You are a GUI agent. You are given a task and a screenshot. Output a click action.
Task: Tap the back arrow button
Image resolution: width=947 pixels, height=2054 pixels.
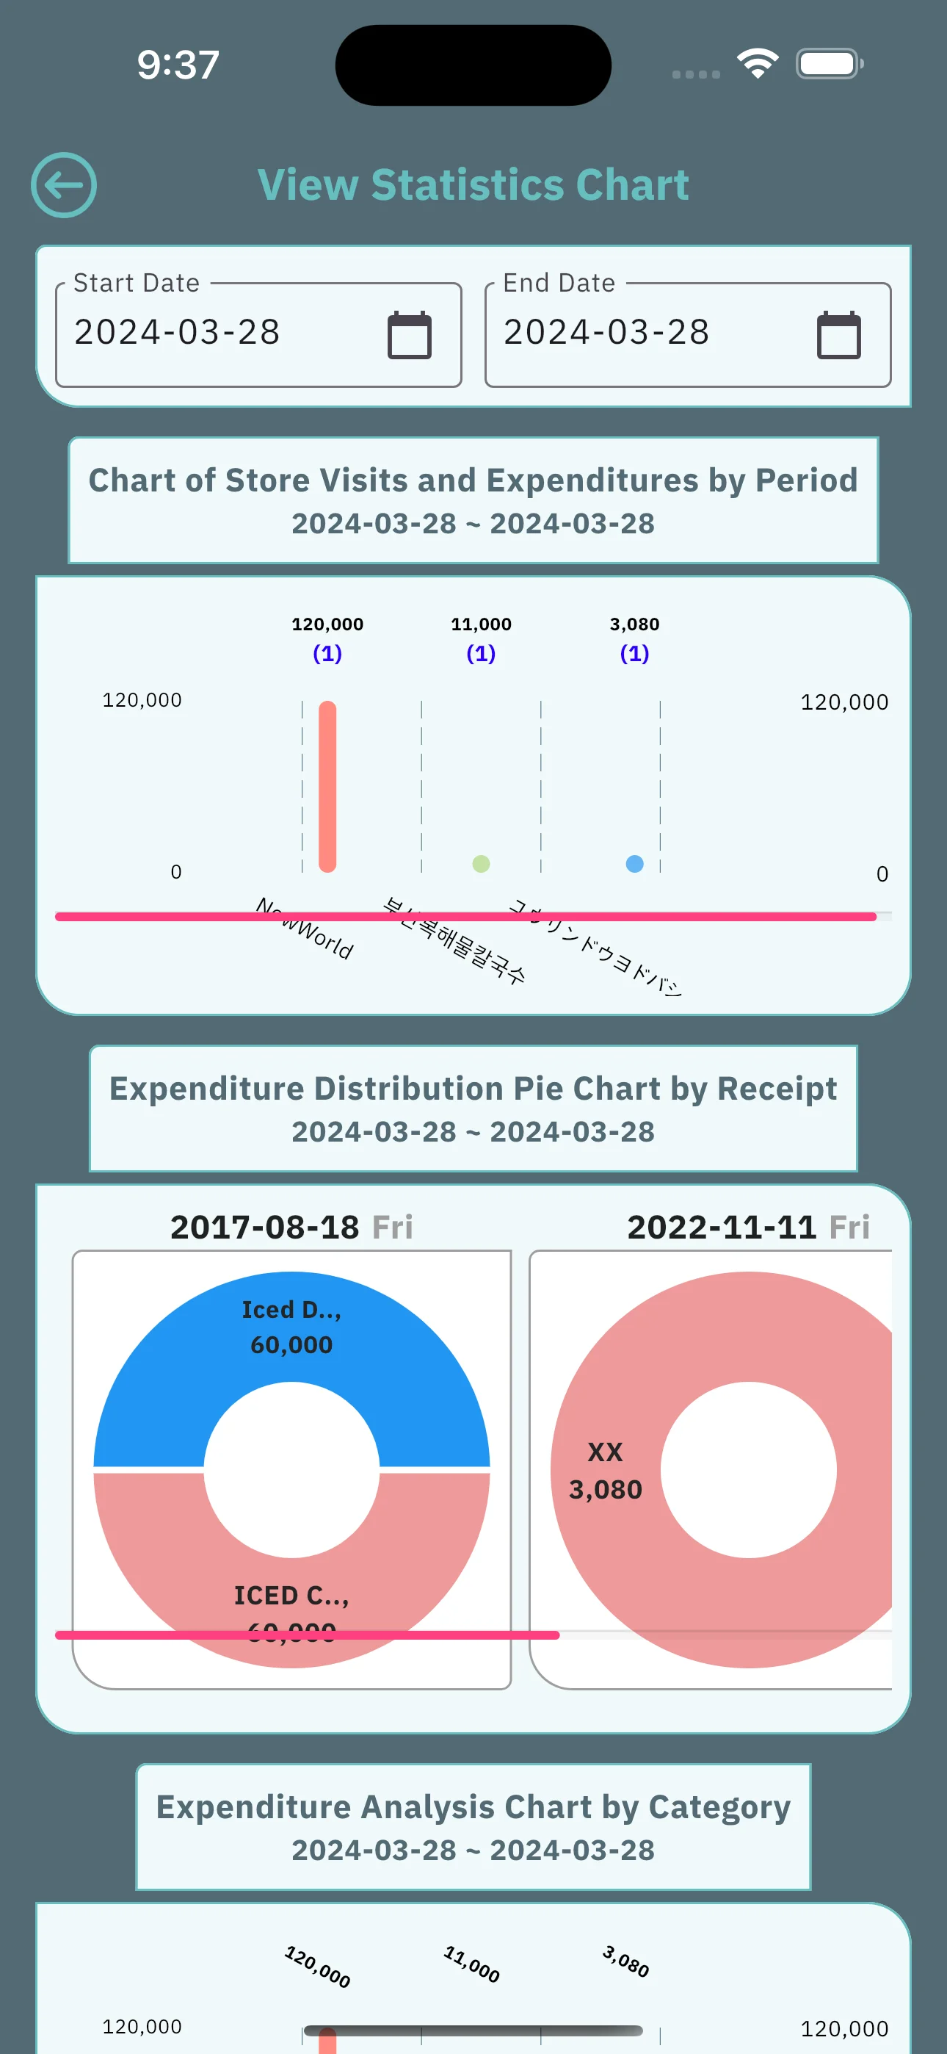coord(64,185)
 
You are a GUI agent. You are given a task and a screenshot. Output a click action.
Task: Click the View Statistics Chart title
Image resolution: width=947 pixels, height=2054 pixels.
coord(473,185)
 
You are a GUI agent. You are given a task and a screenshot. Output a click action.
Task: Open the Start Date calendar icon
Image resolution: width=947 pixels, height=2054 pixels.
coord(409,335)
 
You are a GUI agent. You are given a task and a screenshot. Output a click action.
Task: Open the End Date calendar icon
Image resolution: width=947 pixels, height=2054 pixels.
coord(838,335)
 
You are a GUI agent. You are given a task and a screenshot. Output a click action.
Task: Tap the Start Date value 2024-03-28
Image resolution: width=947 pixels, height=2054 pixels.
coord(177,333)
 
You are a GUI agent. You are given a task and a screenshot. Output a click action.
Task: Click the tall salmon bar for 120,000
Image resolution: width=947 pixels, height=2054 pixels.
coord(327,785)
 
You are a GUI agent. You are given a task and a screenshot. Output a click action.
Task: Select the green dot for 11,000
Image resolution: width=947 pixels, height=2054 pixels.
coord(481,863)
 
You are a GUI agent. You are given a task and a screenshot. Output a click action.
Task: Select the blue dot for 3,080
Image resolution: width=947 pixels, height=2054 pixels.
coord(634,863)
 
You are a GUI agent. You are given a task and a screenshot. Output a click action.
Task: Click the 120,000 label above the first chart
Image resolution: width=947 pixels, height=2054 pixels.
coord(327,624)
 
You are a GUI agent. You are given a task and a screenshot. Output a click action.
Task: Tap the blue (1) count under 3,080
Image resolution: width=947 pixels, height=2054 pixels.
coord(634,654)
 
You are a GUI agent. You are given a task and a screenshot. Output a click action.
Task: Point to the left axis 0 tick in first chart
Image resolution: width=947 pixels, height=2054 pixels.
coord(176,872)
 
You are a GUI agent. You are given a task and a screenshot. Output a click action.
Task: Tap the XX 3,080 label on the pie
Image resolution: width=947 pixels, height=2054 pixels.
coord(605,1471)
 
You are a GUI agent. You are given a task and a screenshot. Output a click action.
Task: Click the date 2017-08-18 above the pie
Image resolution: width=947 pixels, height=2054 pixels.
coord(265,1227)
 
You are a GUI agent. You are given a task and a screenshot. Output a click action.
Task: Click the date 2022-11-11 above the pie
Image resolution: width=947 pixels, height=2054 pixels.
coord(722,1227)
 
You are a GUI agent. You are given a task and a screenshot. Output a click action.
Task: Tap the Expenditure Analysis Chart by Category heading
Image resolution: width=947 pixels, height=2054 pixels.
coord(473,1808)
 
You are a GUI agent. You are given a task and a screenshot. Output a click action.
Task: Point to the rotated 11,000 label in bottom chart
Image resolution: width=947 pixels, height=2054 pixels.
coord(472,1964)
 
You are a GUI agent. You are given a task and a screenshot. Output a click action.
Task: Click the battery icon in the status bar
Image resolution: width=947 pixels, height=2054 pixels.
coord(829,64)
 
